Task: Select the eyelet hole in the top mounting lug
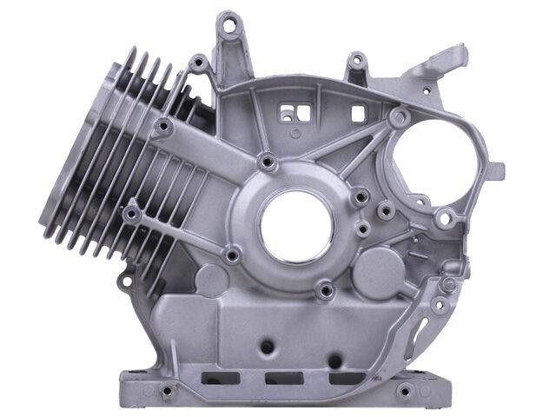pyautogui.click(x=229, y=26)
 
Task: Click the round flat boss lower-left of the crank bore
pyautogui.click(x=211, y=280)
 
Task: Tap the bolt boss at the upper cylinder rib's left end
pyautogui.click(x=160, y=129)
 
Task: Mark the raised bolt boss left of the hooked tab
pyautogui.click(x=356, y=62)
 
